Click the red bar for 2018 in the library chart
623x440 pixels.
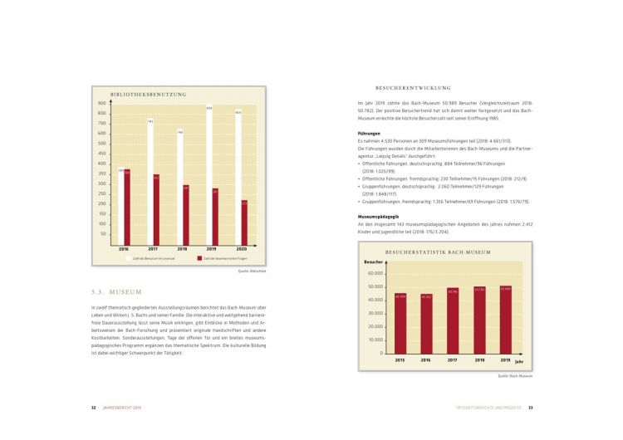(185, 213)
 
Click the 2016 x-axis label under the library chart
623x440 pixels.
(124, 249)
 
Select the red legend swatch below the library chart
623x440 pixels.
(199, 258)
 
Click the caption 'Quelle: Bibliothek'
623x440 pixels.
(253, 271)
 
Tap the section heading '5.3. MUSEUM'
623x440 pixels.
(117, 292)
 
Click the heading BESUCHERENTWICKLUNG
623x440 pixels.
(413, 87)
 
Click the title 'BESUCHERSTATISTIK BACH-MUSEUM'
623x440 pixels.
(438, 252)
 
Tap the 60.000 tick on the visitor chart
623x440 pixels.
(374, 273)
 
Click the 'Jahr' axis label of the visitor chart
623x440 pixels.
(518, 362)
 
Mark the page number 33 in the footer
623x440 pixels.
(531, 408)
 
